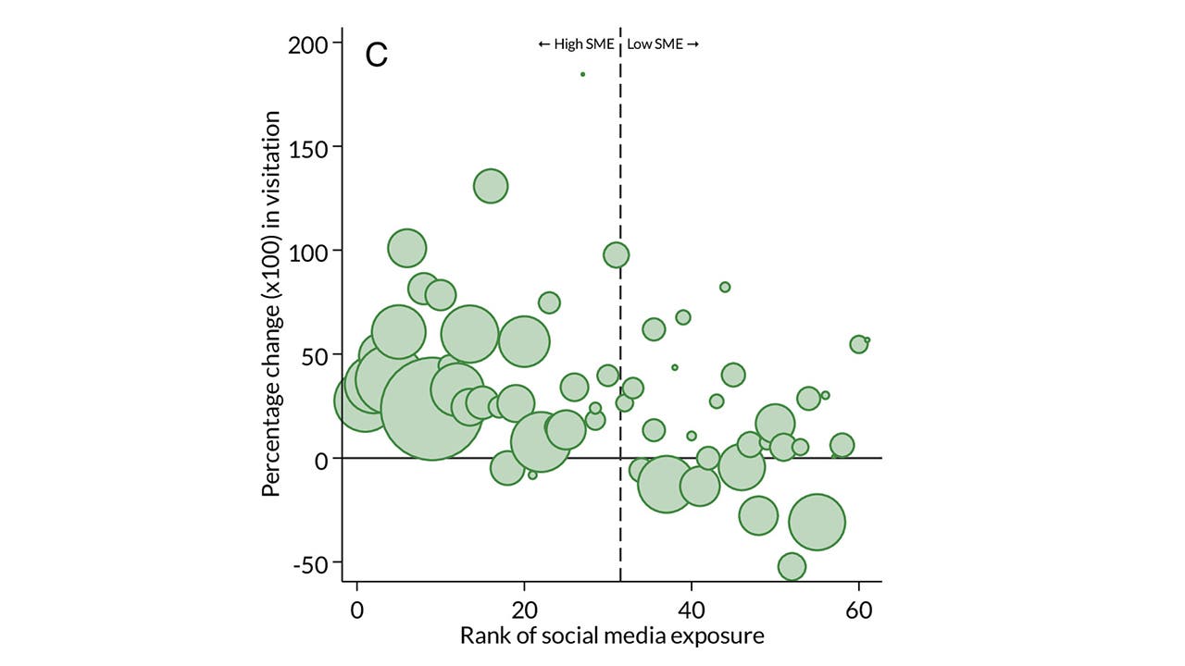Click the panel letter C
pyautogui.click(x=377, y=55)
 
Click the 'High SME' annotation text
pyautogui.click(x=576, y=43)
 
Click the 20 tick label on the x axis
pyautogui.click(x=525, y=610)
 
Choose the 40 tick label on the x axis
pyautogui.click(x=692, y=610)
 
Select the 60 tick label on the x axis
pyautogui.click(x=858, y=610)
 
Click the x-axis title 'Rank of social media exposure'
pyautogui.click(x=612, y=636)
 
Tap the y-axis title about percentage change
pyautogui.click(x=271, y=303)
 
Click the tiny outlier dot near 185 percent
pyautogui.click(x=582, y=74)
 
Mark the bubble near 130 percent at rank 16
pyautogui.click(x=491, y=186)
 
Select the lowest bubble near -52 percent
pyautogui.click(x=792, y=566)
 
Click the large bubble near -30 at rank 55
pyautogui.click(x=817, y=522)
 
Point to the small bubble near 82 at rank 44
pyautogui.click(x=725, y=287)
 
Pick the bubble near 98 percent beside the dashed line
pyautogui.click(x=616, y=254)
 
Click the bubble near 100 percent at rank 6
pyautogui.click(x=407, y=248)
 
